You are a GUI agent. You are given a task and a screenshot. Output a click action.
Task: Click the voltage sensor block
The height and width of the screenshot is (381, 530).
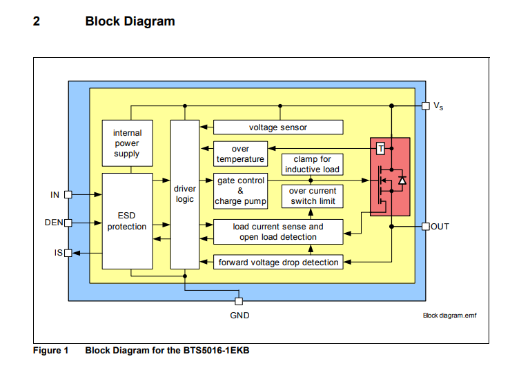coord(278,127)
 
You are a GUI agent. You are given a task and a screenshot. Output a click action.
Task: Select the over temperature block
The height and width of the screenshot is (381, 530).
coord(240,154)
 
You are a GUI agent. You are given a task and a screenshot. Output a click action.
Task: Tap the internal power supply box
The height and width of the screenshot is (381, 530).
coord(128,143)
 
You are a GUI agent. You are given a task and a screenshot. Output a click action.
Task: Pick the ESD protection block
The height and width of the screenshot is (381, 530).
coord(128,221)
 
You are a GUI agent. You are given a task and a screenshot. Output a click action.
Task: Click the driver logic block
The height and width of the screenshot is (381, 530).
coord(185,194)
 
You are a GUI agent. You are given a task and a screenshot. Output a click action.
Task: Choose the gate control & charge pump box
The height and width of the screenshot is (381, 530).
coord(240,191)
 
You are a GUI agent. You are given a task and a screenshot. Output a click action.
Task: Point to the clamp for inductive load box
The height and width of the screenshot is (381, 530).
coord(313,165)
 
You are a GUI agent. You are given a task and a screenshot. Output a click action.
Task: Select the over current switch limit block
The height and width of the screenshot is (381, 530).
coord(313,196)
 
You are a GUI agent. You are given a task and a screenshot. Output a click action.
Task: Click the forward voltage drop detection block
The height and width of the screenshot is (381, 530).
coord(278,262)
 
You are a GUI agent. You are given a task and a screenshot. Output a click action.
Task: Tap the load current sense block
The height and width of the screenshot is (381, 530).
coord(278,232)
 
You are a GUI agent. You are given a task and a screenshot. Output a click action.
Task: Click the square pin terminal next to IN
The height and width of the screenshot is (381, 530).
coord(68,195)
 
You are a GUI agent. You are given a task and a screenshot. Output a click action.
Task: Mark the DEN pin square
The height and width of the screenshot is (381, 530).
coord(68,223)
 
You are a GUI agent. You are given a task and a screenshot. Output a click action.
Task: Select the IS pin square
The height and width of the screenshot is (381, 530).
coord(68,253)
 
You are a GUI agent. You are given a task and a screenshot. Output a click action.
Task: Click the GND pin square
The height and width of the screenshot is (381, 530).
coord(239,301)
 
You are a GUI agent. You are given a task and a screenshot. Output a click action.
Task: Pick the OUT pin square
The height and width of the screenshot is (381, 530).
coord(426,227)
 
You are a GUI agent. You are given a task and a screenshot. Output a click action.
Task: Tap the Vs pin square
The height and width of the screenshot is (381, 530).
coord(426,106)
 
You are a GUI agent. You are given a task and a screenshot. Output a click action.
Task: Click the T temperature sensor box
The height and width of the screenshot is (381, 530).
coord(381,149)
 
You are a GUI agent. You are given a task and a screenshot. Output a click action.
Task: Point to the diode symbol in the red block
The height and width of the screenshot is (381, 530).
coord(402,181)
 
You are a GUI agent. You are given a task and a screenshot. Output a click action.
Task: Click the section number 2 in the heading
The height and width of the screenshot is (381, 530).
coord(37,21)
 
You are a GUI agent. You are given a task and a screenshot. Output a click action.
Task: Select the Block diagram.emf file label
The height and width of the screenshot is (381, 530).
coord(449,315)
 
